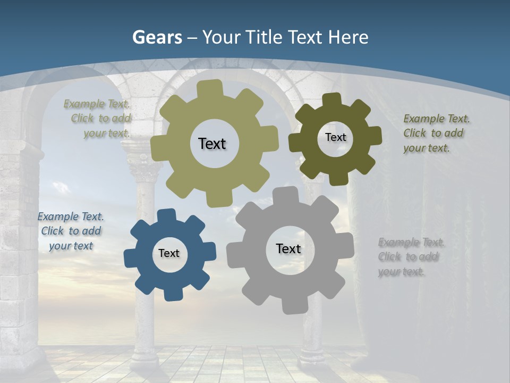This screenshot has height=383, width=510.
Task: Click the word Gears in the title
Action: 157,37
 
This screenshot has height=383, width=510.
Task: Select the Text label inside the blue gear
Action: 169,253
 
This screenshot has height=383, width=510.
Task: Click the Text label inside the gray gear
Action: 288,248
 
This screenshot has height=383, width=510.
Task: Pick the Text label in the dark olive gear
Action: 335,137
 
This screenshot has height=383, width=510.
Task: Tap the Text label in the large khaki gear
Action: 212,144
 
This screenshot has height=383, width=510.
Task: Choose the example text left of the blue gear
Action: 71,231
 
